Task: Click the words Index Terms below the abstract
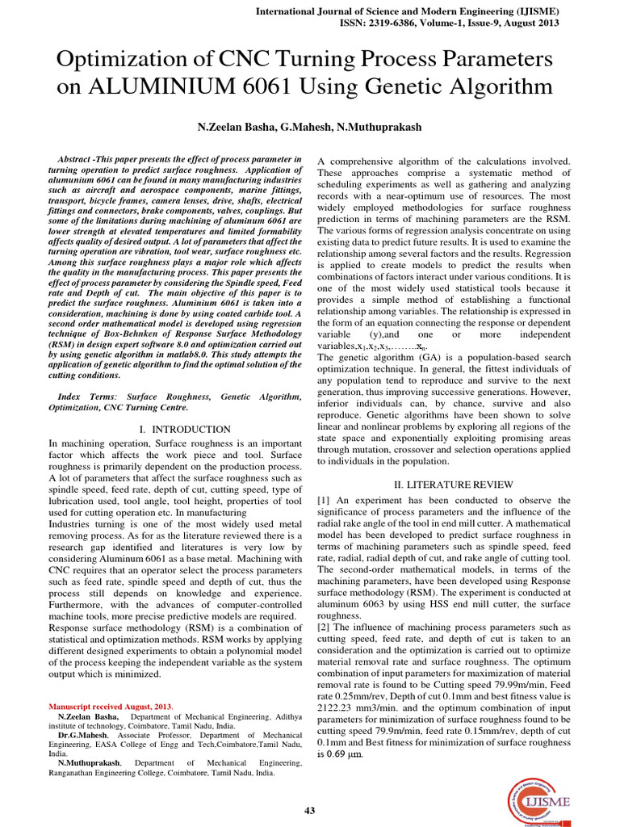coord(89,397)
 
